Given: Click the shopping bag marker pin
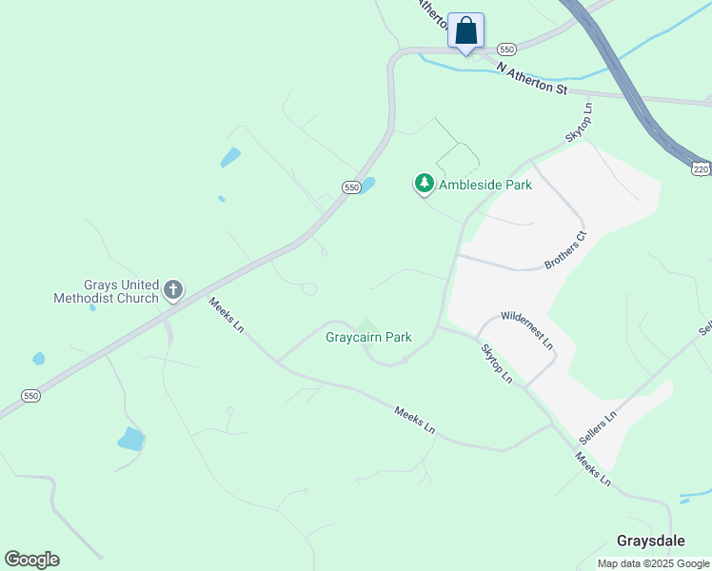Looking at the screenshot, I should point(465,30).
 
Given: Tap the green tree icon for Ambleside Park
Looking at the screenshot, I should point(424,184).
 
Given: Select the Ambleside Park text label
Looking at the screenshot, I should point(485,185).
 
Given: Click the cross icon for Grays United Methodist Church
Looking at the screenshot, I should point(173,289).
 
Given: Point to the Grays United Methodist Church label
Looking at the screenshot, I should point(106,290).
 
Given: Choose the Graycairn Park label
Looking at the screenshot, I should point(368,337).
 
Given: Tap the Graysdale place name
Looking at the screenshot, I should point(650,541).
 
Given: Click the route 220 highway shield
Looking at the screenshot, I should point(702,169).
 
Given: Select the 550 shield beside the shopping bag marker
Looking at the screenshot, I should point(506,49).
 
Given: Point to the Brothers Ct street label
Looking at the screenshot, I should point(565,248).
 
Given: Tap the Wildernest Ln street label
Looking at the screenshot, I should point(526,328).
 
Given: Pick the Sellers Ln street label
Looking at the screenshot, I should point(598,428).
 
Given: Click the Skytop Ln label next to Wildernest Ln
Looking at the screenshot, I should point(496,364).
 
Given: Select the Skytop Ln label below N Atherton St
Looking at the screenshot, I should point(580,123).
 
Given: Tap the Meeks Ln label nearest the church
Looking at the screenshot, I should point(227,315).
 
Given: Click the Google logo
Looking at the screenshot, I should point(31,560).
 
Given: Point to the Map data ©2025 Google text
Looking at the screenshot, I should point(653,563).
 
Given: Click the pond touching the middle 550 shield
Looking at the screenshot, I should point(367,185).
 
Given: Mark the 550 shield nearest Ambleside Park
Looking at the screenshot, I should point(351,188).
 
